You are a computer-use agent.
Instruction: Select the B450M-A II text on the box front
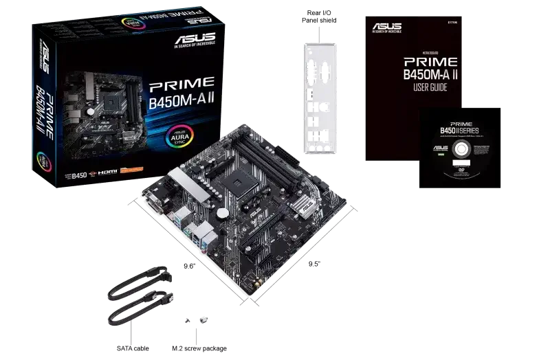pos(180,106)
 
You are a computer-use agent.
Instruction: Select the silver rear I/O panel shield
pos(320,97)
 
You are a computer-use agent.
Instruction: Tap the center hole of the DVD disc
pos(450,157)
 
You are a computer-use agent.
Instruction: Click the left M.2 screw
pos(186,320)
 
